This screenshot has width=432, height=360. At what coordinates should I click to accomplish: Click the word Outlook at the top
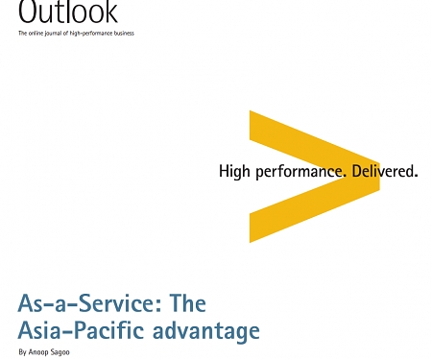pos(67,12)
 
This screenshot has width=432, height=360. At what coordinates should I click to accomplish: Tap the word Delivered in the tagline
pos(384,173)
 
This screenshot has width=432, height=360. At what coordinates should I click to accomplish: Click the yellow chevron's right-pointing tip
pos(376,179)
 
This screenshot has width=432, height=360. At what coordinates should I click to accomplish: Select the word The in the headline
pos(187,304)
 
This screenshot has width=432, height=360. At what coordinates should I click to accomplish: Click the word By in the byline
pos(22,353)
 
